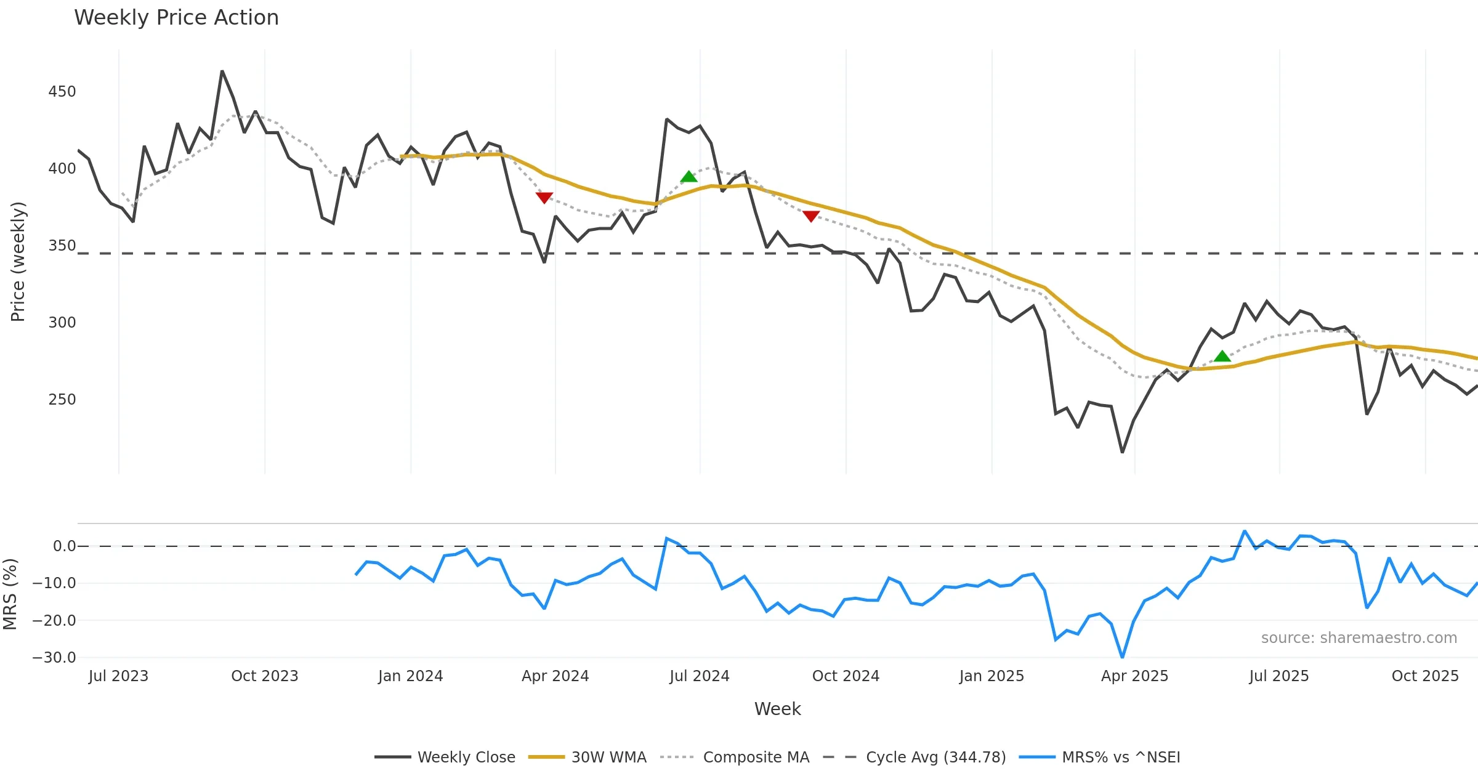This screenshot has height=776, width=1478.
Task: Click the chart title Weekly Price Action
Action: pos(176,18)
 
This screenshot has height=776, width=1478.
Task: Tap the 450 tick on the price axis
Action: pos(62,92)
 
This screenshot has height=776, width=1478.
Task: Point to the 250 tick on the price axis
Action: pos(62,400)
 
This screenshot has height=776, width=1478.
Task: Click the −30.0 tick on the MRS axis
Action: pos(54,657)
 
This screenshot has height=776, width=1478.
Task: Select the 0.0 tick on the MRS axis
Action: pos(64,546)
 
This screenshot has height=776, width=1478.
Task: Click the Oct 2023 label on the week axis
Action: pos(264,676)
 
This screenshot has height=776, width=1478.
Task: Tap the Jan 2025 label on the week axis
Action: pos(991,676)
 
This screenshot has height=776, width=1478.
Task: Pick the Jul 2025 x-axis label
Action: pos(1279,676)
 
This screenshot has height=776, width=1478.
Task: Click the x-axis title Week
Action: pos(777,709)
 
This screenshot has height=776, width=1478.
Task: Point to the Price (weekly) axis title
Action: pos(18,262)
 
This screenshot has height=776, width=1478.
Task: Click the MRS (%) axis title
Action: pos(10,594)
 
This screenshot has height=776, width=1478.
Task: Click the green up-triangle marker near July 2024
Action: pos(689,177)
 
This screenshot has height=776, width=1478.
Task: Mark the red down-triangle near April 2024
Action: pos(544,197)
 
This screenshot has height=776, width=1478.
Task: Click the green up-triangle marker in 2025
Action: pos(1222,356)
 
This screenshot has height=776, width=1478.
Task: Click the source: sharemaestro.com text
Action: pos(1359,638)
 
